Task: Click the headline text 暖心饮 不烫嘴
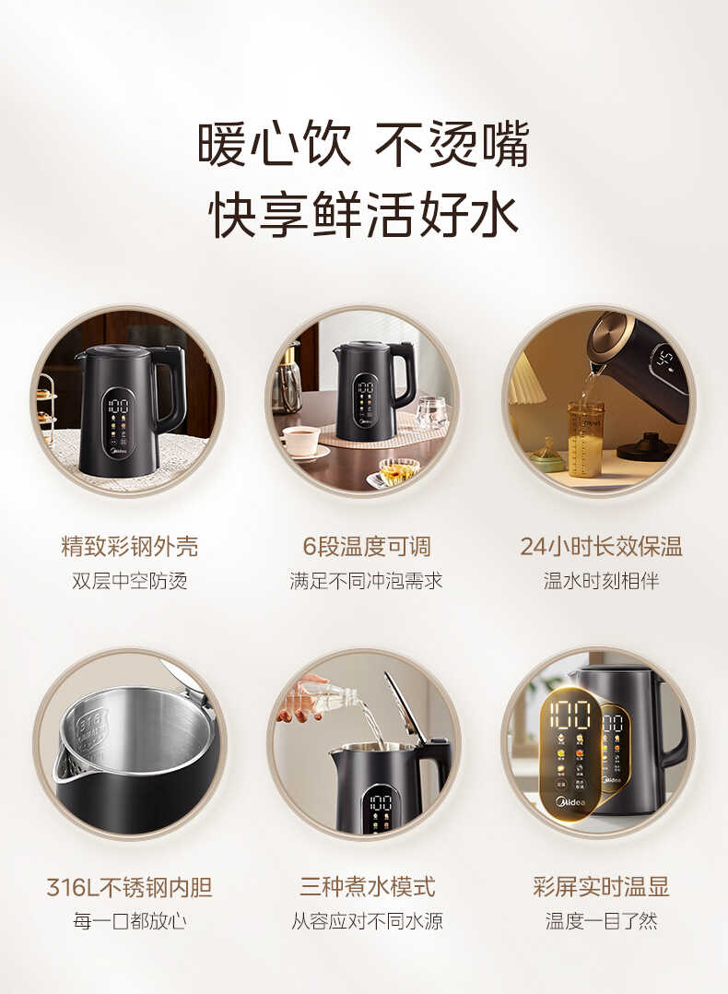pyautogui.click(x=363, y=145)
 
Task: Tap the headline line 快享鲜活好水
pyautogui.click(x=363, y=213)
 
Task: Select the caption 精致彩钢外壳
pyautogui.click(x=129, y=547)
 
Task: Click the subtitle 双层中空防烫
pyautogui.click(x=129, y=581)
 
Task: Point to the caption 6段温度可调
pyautogui.click(x=367, y=547)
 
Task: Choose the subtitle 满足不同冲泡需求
pyautogui.click(x=366, y=581)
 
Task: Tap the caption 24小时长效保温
pyautogui.click(x=601, y=547)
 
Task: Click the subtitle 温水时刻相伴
pyautogui.click(x=601, y=581)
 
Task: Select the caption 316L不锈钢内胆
pyautogui.click(x=129, y=888)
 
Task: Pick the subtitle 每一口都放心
pyautogui.click(x=129, y=921)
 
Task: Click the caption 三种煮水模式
pyautogui.click(x=367, y=888)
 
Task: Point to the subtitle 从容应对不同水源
pyautogui.click(x=367, y=921)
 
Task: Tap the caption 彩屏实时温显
pyautogui.click(x=601, y=888)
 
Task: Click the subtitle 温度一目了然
pyautogui.click(x=601, y=921)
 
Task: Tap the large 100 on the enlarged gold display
pyautogui.click(x=569, y=715)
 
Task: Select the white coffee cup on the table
pyautogui.click(x=300, y=440)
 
